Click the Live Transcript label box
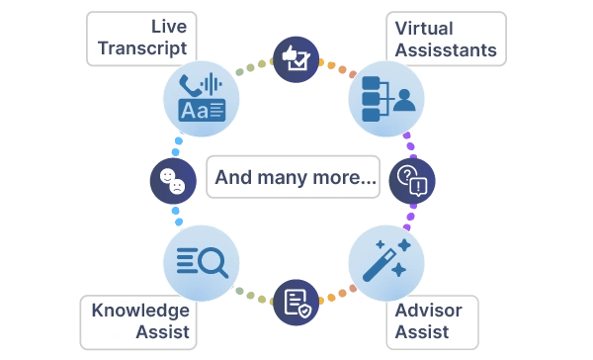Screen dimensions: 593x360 click(x=141, y=39)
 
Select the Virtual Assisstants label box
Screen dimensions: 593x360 click(x=447, y=39)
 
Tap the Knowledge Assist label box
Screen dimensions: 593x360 click(x=138, y=322)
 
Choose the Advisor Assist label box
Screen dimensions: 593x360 click(x=432, y=322)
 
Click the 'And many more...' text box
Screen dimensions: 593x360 click(x=294, y=177)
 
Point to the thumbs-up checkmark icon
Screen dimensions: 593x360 click(x=296, y=59)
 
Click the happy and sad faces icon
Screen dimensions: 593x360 click(x=173, y=181)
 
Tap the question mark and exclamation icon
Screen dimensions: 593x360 click(x=412, y=181)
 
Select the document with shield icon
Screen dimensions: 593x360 click(x=296, y=303)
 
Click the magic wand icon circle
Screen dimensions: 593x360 click(x=386, y=263)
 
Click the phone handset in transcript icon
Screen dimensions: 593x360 click(x=190, y=85)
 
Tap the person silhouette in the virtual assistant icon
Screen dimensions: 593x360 click(x=404, y=100)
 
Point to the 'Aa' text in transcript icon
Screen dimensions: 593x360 click(x=195, y=111)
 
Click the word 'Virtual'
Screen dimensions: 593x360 click(x=424, y=29)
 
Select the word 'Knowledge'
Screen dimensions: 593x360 click(x=140, y=312)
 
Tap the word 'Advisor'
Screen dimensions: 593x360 click(x=429, y=311)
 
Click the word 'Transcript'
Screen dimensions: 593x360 click(x=142, y=48)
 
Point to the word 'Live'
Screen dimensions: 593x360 click(x=169, y=27)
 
